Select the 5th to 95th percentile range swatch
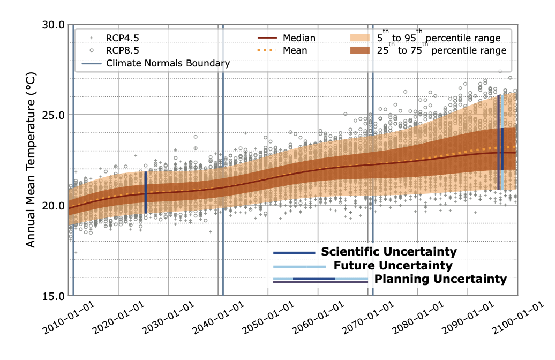point(365,39)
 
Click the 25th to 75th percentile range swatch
point(365,51)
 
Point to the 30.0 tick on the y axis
point(54,25)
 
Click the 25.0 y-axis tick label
point(54,115)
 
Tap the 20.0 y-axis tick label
point(54,205)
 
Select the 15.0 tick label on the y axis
point(54,296)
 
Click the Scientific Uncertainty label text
point(388,252)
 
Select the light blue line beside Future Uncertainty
point(299,266)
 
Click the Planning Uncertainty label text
point(440,279)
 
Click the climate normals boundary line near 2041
point(223,161)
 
